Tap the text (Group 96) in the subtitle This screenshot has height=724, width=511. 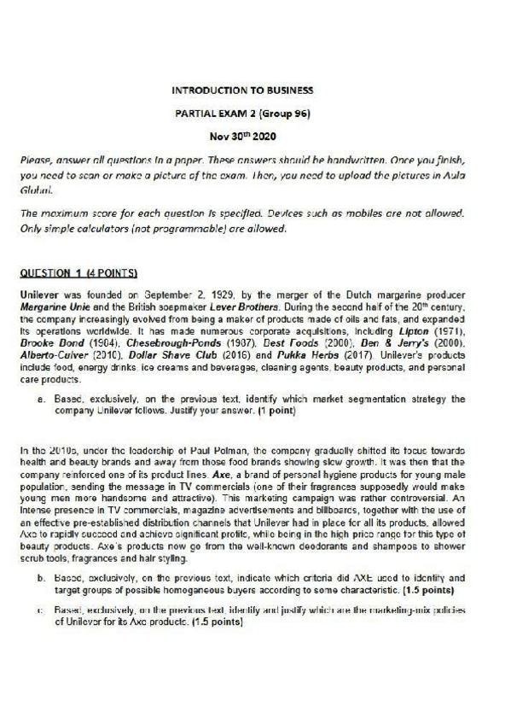coord(284,112)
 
